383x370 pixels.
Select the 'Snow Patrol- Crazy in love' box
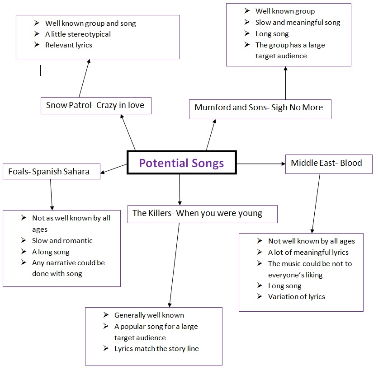tap(95, 105)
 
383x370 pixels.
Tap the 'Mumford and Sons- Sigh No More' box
tap(259, 108)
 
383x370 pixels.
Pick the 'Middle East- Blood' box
tap(327, 163)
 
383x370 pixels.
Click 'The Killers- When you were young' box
tap(198, 213)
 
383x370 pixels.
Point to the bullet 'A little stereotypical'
tap(78, 34)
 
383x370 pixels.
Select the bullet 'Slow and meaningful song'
tap(298, 22)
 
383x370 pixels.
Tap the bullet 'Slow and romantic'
tap(62, 240)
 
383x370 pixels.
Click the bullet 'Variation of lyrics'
tap(296, 296)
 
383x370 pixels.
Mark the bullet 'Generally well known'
tap(149, 315)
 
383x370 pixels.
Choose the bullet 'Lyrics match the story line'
tap(156, 348)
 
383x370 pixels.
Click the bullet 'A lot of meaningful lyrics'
tap(308, 252)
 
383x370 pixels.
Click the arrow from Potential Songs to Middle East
tap(261, 163)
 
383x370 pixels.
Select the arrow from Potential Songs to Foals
tap(114, 169)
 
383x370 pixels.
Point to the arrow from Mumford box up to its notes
tap(286, 83)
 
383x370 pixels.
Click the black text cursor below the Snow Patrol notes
tap(40, 70)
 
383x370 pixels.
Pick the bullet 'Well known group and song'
tap(90, 23)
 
